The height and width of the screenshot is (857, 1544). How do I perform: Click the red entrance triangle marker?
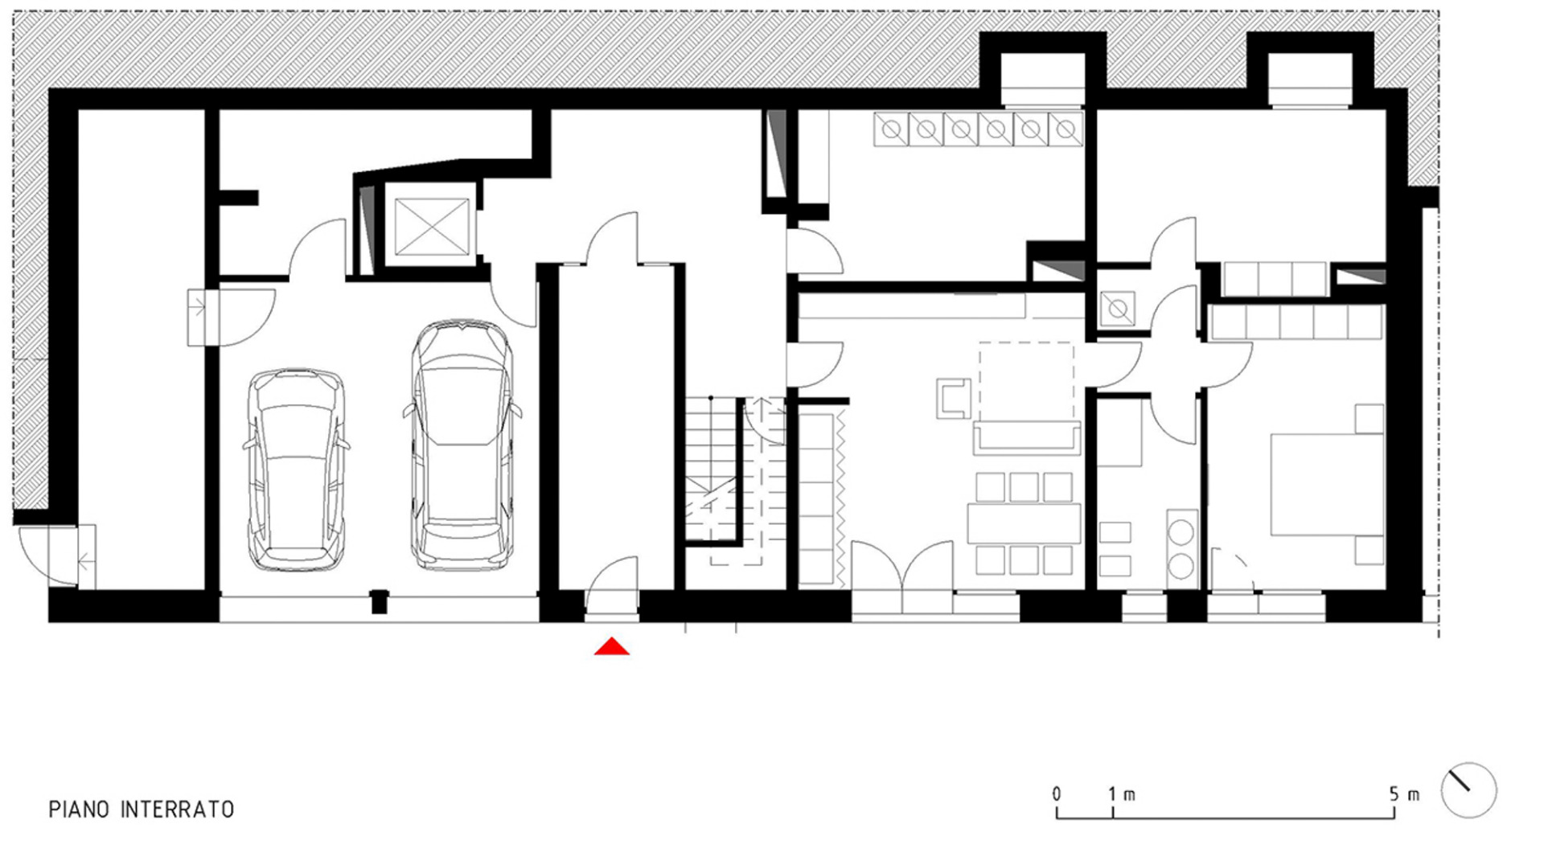click(611, 646)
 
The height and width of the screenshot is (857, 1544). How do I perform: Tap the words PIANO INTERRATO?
click(142, 809)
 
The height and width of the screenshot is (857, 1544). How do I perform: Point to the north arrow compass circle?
click(1468, 790)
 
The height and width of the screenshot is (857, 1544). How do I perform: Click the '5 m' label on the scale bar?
click(1403, 794)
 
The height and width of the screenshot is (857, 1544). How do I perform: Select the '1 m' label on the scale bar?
click(1121, 794)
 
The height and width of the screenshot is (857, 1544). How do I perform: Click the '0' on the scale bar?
click(1056, 794)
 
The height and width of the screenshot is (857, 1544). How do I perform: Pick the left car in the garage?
click(297, 470)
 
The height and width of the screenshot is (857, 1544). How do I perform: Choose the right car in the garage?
click(462, 446)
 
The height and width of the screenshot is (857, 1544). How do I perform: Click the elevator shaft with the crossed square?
click(432, 227)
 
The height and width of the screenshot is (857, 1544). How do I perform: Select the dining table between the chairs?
click(1024, 523)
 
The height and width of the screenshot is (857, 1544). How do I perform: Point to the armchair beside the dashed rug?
click(954, 398)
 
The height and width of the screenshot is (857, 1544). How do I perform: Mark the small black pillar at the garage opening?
click(379, 601)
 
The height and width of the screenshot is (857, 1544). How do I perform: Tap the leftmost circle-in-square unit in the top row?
click(891, 129)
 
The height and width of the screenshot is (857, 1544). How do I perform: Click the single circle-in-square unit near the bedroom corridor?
click(1117, 309)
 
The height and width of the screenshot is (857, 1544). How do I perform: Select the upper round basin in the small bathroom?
click(1181, 531)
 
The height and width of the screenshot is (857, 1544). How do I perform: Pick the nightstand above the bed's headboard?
click(1369, 419)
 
